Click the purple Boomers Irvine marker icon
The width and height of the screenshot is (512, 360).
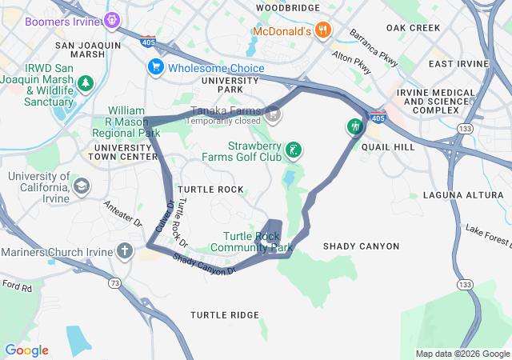(x=112, y=18)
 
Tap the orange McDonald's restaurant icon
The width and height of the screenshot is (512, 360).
(x=322, y=30)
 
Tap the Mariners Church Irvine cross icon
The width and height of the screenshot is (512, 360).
(x=124, y=251)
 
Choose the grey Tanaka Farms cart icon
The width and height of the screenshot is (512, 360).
(x=274, y=114)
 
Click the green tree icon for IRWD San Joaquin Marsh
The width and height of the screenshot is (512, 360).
(x=86, y=82)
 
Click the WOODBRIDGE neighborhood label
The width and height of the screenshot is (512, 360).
(x=287, y=7)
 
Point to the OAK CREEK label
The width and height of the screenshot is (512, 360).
(x=413, y=27)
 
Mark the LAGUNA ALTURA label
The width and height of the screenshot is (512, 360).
(x=454, y=195)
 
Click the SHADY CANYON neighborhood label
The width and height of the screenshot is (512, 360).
(x=354, y=246)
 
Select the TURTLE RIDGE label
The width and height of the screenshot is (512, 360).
(x=224, y=314)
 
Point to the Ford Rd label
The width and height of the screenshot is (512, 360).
(x=16, y=284)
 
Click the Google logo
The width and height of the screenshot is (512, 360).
(x=26, y=350)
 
